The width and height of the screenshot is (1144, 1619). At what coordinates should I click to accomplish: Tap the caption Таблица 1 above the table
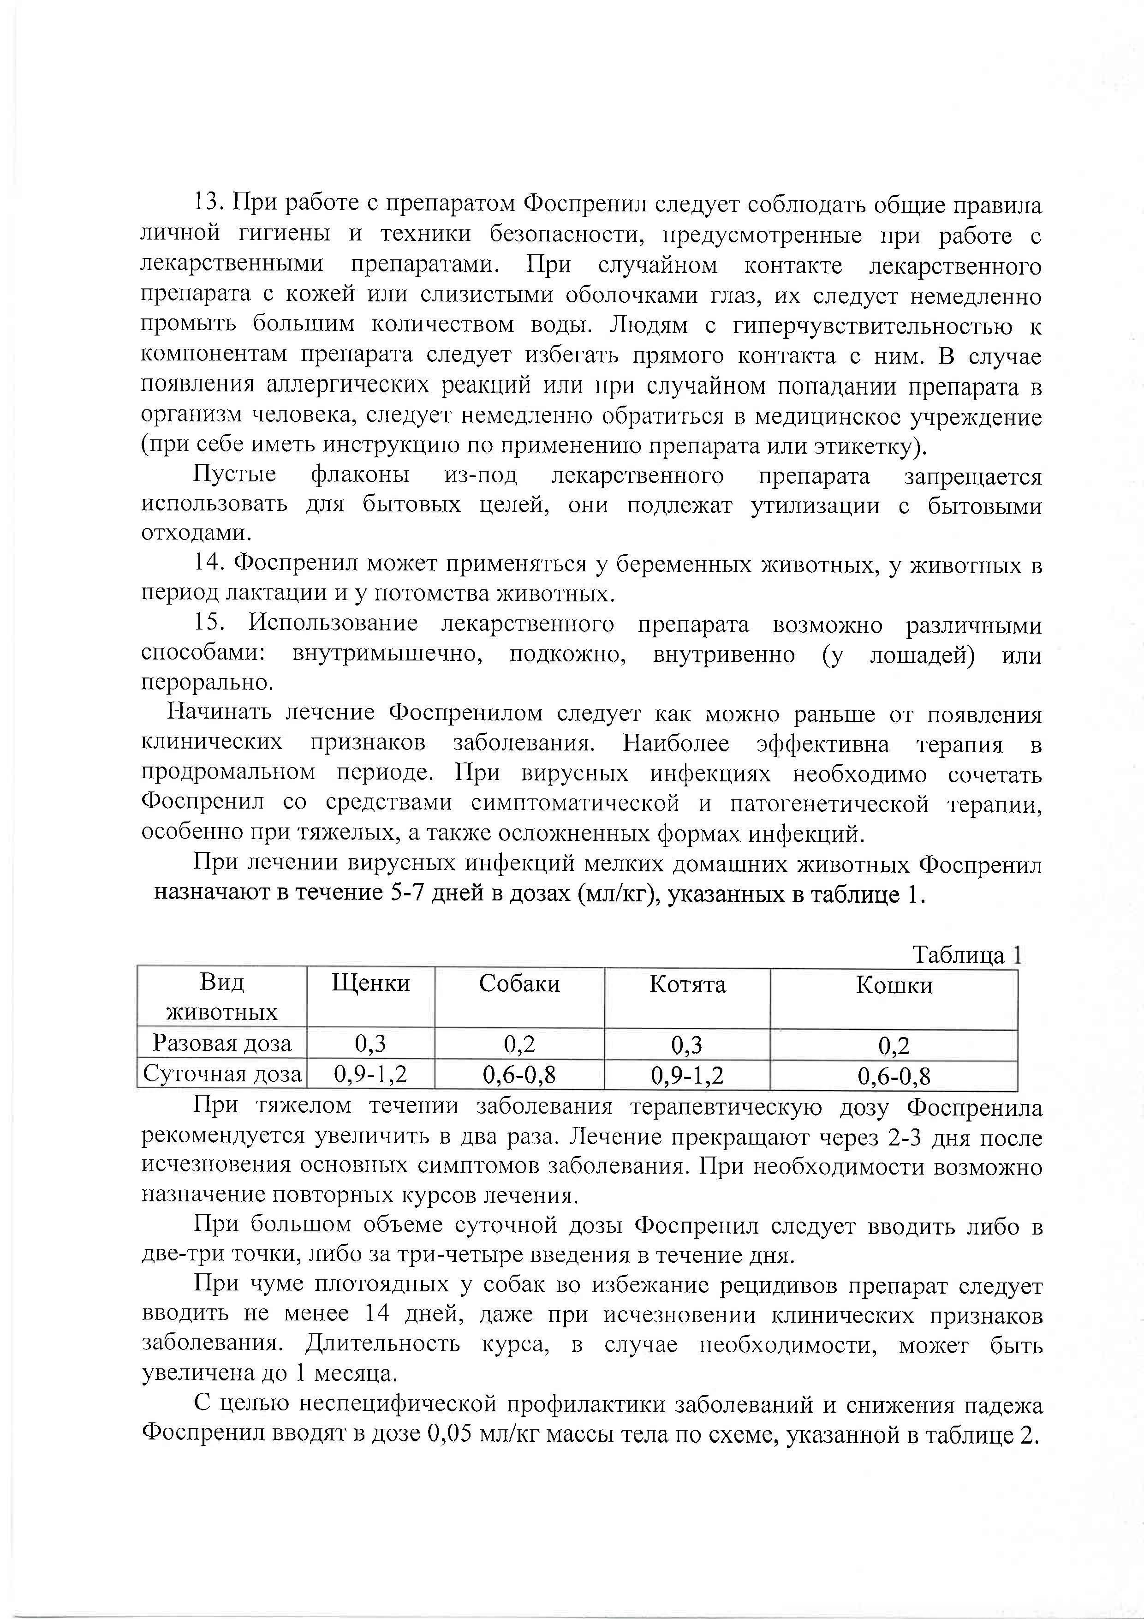pyautogui.click(x=966, y=955)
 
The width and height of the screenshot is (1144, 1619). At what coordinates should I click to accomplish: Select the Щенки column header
pyautogui.click(x=371, y=983)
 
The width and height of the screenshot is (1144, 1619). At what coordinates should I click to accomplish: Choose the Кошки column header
pyautogui.click(x=894, y=985)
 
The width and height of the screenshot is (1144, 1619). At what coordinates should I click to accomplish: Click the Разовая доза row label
pyautogui.click(x=222, y=1043)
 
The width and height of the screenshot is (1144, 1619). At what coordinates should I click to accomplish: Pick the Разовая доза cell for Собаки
pyautogui.click(x=519, y=1043)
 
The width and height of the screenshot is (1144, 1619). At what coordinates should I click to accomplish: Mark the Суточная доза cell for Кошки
pyautogui.click(x=894, y=1076)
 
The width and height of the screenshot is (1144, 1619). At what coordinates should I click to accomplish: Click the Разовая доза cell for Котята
pyautogui.click(x=687, y=1044)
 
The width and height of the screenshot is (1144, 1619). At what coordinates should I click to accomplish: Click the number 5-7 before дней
pyautogui.click(x=406, y=893)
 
